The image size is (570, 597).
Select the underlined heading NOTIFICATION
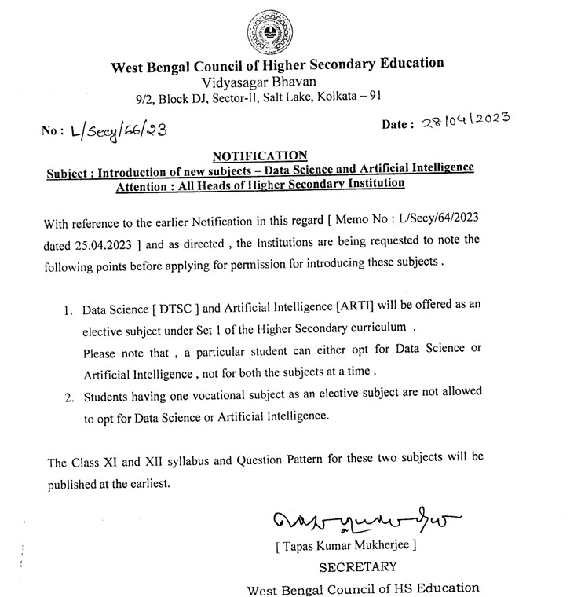point(260,155)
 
